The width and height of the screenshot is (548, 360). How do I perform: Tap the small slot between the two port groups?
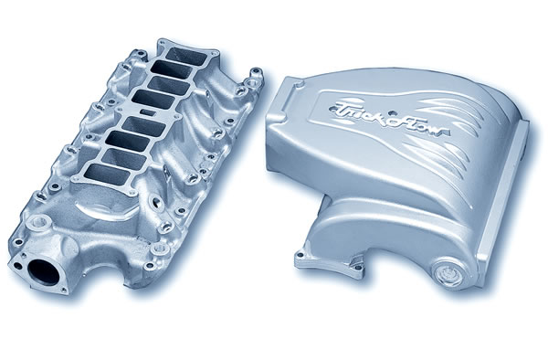[147, 111]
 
